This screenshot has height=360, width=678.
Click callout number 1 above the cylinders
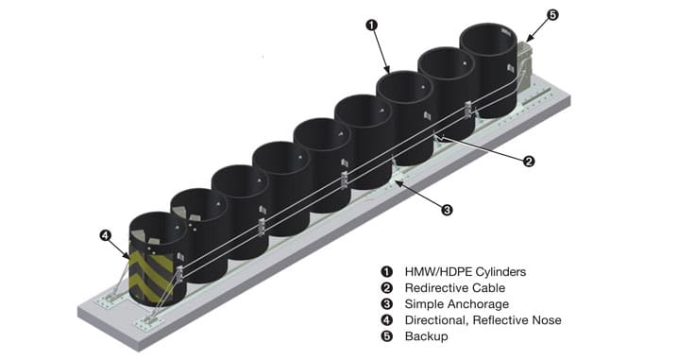(x=371, y=26)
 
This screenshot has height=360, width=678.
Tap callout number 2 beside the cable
(x=529, y=162)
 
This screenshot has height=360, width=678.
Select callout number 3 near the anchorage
(x=447, y=211)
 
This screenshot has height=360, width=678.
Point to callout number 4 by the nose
(x=105, y=236)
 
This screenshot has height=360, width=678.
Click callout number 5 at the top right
(x=552, y=15)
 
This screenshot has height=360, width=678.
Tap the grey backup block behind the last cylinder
(x=524, y=66)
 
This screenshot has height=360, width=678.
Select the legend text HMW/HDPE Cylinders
(x=466, y=272)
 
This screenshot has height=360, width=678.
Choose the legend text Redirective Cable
(x=455, y=288)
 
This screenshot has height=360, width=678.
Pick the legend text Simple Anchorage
(x=457, y=304)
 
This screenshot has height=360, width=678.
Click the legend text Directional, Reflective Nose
(x=483, y=320)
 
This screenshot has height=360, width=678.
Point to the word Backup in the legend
(x=426, y=336)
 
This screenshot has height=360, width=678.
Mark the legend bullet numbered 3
(x=386, y=304)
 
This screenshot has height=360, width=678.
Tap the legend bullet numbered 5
(x=386, y=336)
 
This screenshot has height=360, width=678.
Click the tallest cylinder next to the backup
(x=488, y=70)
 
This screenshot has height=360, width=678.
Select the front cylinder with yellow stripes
(x=158, y=259)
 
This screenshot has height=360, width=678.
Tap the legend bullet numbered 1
(x=386, y=272)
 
